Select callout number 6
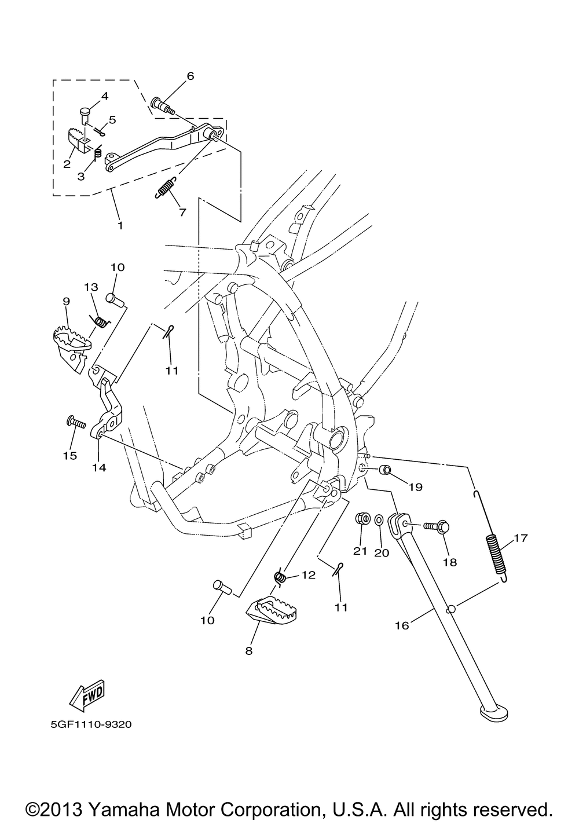point(190,76)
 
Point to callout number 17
point(520,538)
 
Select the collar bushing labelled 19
point(384,468)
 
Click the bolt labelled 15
point(75,422)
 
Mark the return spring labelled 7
point(166,188)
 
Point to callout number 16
point(402,625)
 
